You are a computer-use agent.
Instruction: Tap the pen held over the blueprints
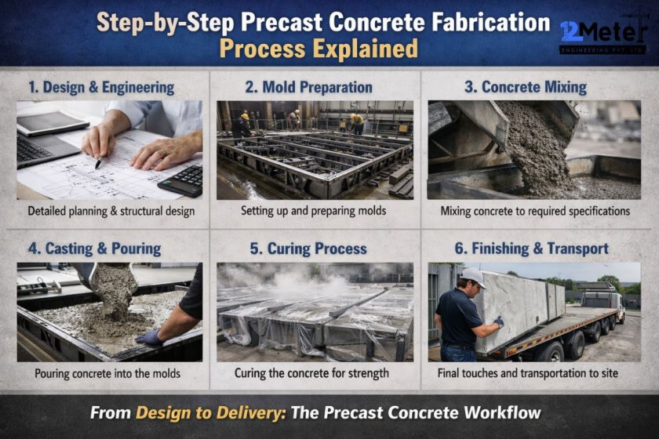click(99, 161)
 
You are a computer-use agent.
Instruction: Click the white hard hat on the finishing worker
click(472, 278)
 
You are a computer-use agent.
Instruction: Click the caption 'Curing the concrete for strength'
click(311, 373)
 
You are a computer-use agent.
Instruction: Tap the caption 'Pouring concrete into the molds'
click(108, 373)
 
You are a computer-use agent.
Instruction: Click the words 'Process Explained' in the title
click(318, 49)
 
